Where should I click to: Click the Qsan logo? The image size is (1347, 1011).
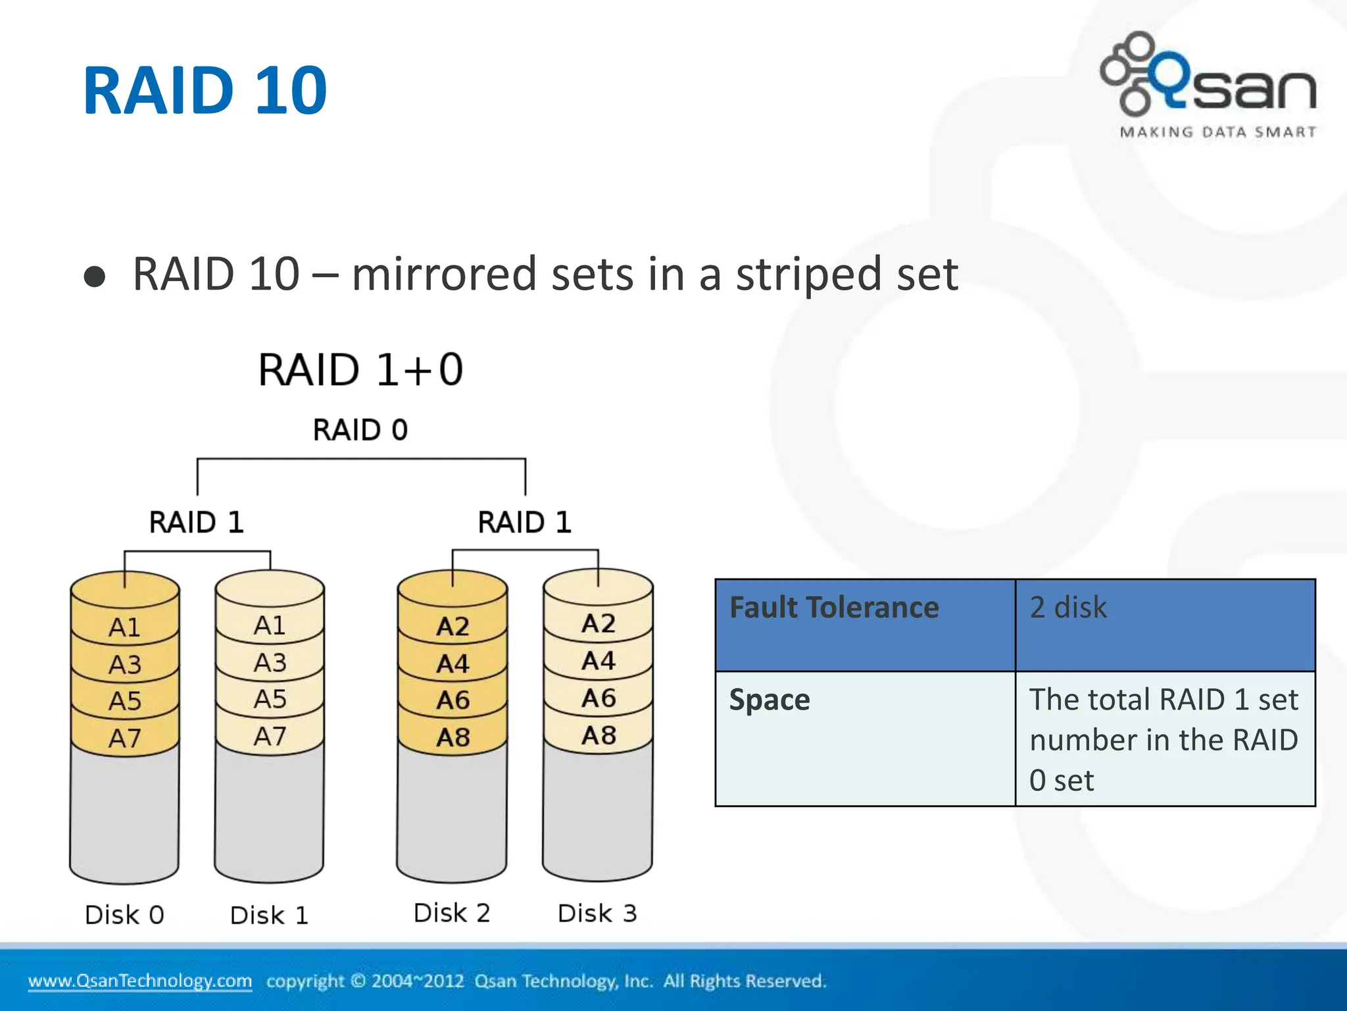click(1209, 84)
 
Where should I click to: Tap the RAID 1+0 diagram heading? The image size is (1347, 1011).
click(360, 369)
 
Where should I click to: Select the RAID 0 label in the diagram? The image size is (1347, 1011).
click(360, 430)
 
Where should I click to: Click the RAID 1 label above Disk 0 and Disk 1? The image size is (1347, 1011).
click(197, 523)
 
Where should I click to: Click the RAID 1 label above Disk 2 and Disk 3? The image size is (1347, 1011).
click(524, 523)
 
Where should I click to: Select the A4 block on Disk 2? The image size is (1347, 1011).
click(453, 663)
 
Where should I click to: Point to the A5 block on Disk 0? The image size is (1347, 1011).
click(125, 701)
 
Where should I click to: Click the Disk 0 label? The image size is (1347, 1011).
click(124, 915)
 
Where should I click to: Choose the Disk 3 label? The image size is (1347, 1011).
click(597, 914)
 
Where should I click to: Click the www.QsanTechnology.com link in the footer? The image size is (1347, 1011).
click(140, 981)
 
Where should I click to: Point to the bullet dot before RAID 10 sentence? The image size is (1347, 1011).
click(95, 277)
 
